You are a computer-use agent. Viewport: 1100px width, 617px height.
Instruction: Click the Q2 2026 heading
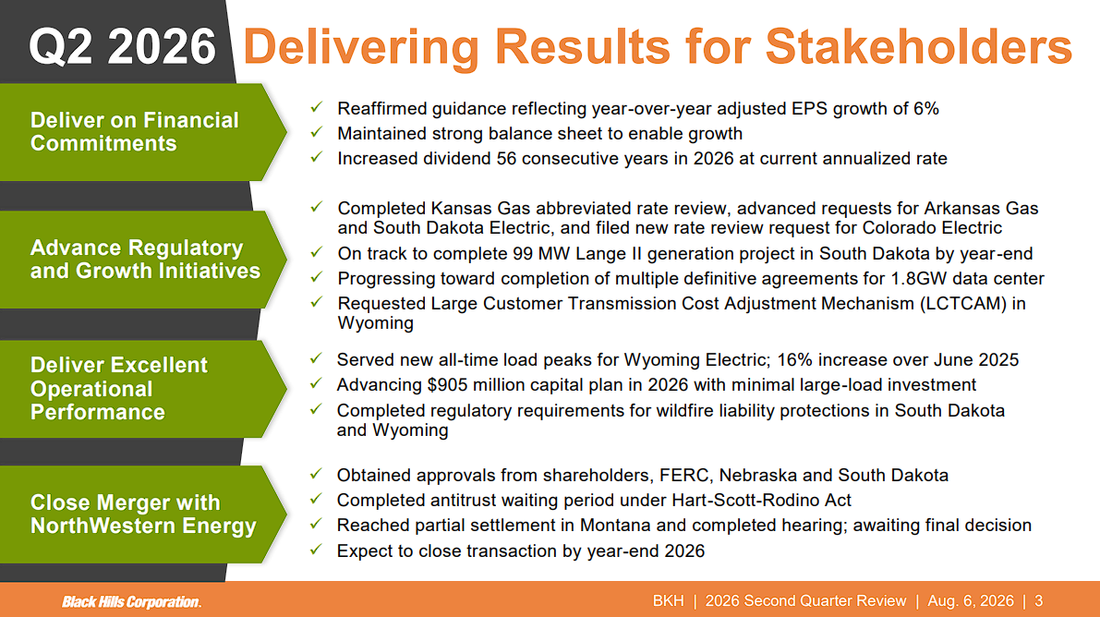click(x=122, y=47)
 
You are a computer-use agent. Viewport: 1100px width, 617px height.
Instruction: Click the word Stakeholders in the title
click(x=918, y=47)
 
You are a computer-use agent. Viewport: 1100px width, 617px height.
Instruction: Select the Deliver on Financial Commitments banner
click(x=143, y=132)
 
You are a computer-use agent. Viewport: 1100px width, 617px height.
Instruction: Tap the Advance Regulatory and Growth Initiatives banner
click(x=143, y=259)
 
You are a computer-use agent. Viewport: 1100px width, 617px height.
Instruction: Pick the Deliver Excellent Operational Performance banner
click(x=143, y=389)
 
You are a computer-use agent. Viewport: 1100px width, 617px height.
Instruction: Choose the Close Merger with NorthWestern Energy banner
click(x=143, y=514)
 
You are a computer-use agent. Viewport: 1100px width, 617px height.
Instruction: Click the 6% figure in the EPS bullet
click(x=926, y=109)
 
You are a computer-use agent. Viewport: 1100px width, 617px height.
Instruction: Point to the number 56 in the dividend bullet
click(x=506, y=159)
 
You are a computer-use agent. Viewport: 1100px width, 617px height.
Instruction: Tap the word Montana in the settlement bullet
click(x=615, y=526)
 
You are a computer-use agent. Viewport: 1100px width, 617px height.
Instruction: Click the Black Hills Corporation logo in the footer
click(x=132, y=602)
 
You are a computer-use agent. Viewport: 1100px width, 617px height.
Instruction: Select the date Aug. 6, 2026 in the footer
click(x=970, y=601)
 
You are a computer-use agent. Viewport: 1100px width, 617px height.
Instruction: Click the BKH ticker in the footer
click(x=668, y=601)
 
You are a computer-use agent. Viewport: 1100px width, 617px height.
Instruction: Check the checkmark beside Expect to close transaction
click(x=316, y=550)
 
